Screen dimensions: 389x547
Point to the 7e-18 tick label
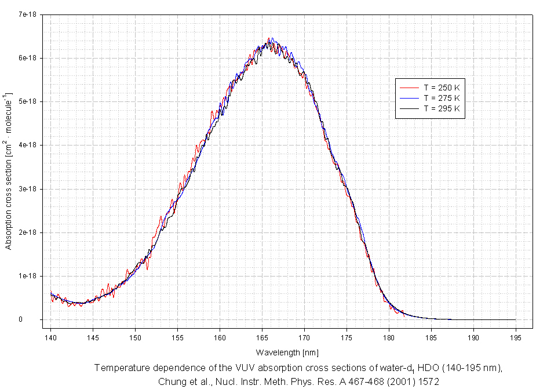point(28,14)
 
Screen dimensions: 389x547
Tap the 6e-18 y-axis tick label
point(28,58)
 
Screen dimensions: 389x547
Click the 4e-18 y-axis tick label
point(28,145)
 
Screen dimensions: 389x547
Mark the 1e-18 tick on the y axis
point(28,276)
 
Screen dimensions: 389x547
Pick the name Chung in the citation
point(172,381)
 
